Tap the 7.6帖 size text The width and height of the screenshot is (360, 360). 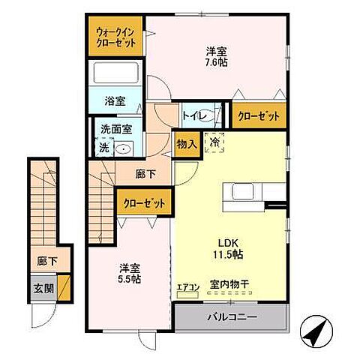point(217,62)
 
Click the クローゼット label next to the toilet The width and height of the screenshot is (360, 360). point(259,116)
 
